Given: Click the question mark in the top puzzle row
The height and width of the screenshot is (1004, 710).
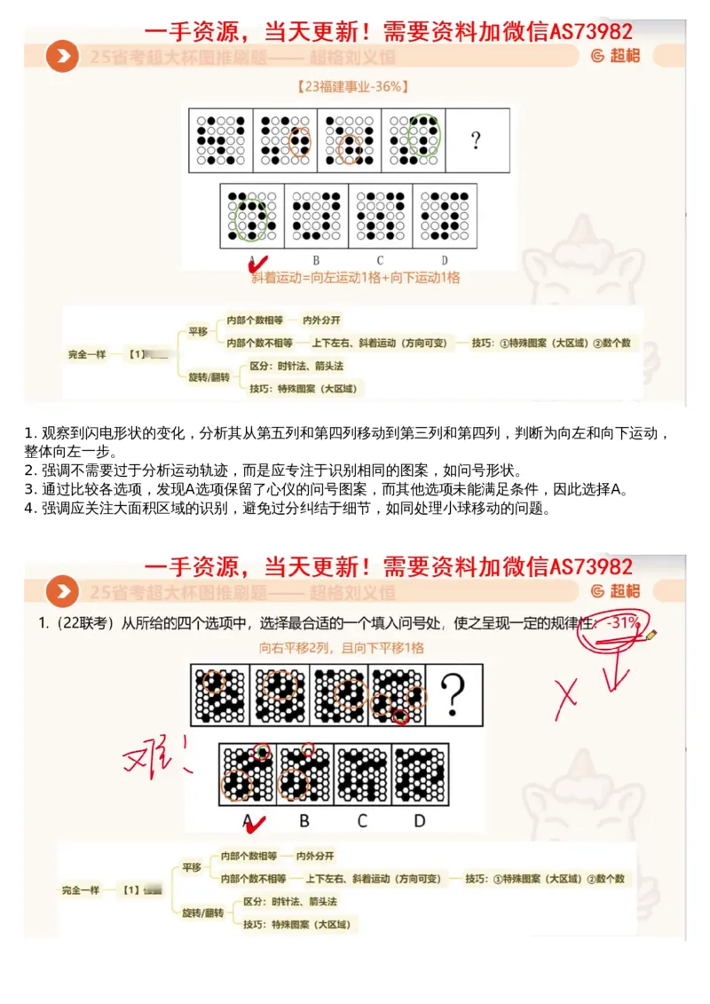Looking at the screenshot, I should (477, 140).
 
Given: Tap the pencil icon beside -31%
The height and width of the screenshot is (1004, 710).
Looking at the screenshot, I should (652, 634).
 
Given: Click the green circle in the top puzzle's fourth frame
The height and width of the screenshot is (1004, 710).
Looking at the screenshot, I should (424, 137).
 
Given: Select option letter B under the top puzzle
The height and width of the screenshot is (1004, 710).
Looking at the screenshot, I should (315, 260).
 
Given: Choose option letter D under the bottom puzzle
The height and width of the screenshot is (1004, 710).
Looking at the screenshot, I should (420, 821).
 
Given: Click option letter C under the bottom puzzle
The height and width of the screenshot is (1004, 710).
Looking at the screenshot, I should (362, 821).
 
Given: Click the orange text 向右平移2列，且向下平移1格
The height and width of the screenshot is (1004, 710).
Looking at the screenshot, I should (342, 648).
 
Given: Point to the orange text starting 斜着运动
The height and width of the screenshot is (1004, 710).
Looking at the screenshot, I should (355, 277).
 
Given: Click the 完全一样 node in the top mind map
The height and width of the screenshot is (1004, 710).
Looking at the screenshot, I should (87, 353).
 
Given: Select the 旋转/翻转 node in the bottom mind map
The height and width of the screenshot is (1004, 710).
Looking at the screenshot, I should (203, 913).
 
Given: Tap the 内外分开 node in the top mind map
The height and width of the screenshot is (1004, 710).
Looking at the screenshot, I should (321, 320).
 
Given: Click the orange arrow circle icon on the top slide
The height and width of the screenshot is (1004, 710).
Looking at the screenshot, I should (63, 57).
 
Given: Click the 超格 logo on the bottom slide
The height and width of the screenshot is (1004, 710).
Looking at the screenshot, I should (614, 591).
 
